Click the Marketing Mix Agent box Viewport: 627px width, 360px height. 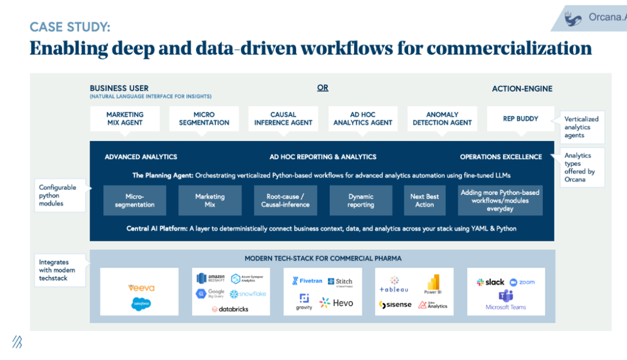pos(125,119)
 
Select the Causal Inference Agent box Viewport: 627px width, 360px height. pos(283,119)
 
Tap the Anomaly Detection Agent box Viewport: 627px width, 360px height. pos(442,119)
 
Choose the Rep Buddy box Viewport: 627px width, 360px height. pos(521,119)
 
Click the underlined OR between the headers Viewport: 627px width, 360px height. pos(322,88)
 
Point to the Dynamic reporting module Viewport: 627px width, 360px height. pos(361,200)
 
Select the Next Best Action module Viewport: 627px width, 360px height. pos(424,200)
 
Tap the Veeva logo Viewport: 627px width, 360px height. pos(141,288)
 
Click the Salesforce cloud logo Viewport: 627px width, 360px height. pos(141,304)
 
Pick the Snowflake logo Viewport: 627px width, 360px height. pos(248,294)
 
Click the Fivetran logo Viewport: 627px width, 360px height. pos(307,282)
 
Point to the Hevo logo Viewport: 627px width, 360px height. pos(337,303)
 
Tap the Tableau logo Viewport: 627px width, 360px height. pos(394,285)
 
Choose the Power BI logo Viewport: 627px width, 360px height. pos(433,284)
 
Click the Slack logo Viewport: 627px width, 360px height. pos(490,282)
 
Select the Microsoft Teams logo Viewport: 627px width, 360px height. pos(506,300)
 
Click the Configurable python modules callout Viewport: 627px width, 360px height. pos(58,195)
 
